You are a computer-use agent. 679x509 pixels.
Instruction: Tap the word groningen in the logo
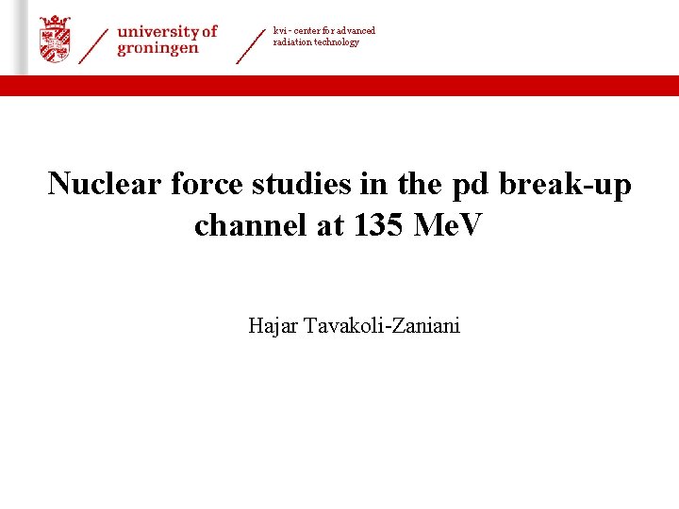click(x=157, y=49)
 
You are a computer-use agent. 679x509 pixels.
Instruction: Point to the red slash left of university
click(x=93, y=45)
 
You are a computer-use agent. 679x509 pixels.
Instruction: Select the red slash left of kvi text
click(x=250, y=45)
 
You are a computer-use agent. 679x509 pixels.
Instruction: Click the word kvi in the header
click(x=279, y=31)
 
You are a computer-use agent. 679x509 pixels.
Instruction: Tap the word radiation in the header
click(x=293, y=42)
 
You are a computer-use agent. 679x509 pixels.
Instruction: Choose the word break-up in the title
click(x=566, y=184)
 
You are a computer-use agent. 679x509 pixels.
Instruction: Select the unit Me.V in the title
click(x=449, y=225)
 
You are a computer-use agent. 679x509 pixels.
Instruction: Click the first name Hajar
click(x=272, y=327)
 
